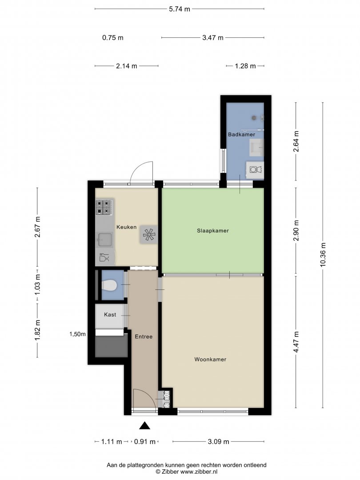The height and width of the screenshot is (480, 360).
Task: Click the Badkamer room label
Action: pyautogui.click(x=241, y=134)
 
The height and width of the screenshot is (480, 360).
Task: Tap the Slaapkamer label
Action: pyautogui.click(x=213, y=231)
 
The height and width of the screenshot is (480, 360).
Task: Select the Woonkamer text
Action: pyautogui.click(x=210, y=360)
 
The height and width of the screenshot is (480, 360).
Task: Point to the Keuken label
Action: pyautogui.click(x=126, y=227)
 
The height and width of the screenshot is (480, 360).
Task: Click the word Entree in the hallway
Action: pyautogui.click(x=144, y=337)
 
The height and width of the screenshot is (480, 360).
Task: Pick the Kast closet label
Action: pyautogui.click(x=110, y=315)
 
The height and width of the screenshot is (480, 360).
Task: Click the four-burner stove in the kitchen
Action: pyautogui.click(x=104, y=207)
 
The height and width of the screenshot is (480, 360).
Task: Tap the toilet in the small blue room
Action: pyautogui.click(x=109, y=285)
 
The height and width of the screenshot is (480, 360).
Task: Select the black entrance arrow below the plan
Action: pyautogui.click(x=145, y=426)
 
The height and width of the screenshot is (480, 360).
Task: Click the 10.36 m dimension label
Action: pyautogui.click(x=323, y=255)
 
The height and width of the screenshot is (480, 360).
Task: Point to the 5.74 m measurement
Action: pyautogui.click(x=180, y=9)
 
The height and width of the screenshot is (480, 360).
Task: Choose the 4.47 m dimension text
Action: pyautogui.click(x=296, y=342)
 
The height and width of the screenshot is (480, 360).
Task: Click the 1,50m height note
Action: pyautogui.click(x=77, y=334)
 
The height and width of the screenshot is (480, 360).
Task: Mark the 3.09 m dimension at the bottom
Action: pyautogui.click(x=219, y=442)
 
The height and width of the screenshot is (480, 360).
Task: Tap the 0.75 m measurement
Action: pyautogui.click(x=112, y=38)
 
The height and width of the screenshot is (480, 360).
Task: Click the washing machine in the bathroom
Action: pyautogui.click(x=255, y=170)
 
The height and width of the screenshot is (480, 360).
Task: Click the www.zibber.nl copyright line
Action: pyautogui.click(x=186, y=472)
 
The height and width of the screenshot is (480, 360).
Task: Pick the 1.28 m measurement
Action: pyautogui.click(x=245, y=66)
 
